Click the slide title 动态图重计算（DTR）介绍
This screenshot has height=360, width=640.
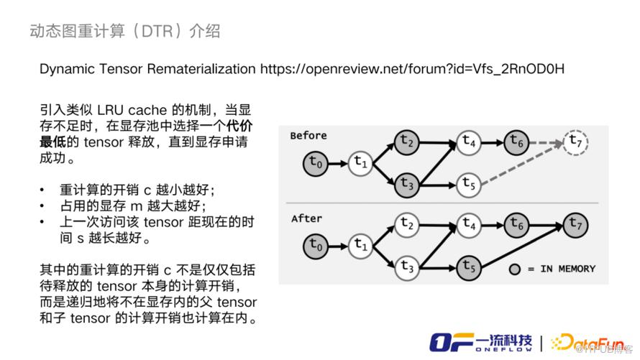[124, 31]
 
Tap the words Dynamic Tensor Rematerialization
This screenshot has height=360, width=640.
[147, 70]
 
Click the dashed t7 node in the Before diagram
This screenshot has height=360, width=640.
[575, 142]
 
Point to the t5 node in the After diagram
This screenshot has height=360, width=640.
[470, 267]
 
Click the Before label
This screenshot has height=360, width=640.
[309, 135]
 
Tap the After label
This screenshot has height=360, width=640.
[307, 218]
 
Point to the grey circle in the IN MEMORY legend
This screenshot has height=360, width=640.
[514, 269]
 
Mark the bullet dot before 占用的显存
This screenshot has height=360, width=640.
[44, 206]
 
